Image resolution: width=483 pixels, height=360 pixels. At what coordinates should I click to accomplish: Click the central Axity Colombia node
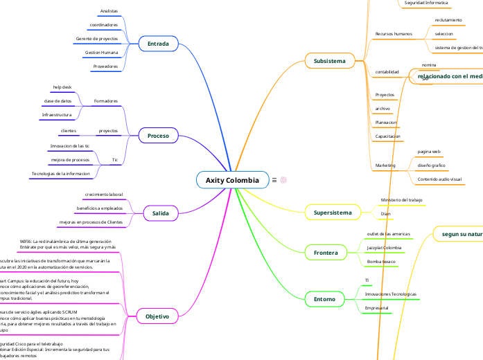click(x=232, y=181)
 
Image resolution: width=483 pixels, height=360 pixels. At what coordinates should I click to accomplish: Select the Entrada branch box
click(x=158, y=44)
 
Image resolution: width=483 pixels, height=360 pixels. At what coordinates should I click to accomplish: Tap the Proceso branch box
click(x=158, y=136)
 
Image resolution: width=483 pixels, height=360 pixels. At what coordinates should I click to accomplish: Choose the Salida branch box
click(x=160, y=213)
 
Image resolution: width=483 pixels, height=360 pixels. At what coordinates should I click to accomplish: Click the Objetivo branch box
click(x=157, y=316)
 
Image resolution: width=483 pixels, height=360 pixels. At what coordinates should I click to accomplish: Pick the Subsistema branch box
click(x=329, y=61)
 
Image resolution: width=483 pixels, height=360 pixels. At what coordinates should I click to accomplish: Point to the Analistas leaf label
click(x=109, y=12)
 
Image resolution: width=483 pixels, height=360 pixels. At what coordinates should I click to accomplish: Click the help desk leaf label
click(x=62, y=87)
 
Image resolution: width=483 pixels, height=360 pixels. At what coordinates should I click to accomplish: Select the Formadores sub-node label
click(x=105, y=101)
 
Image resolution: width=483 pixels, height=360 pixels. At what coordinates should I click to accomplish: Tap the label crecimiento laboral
click(x=103, y=195)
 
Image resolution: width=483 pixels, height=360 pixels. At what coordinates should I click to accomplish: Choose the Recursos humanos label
click(x=393, y=33)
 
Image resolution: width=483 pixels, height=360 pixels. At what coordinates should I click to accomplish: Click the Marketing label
click(x=385, y=165)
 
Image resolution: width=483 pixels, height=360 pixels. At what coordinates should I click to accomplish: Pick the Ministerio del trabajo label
click(x=401, y=200)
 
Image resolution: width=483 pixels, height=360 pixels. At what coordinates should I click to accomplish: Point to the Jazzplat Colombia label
click(x=384, y=248)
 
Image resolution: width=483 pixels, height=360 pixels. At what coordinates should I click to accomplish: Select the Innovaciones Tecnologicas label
click(x=390, y=295)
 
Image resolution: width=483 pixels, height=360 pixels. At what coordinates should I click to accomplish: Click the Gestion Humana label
click(x=102, y=53)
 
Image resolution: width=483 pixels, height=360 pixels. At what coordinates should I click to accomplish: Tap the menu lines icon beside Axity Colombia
click(x=274, y=181)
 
